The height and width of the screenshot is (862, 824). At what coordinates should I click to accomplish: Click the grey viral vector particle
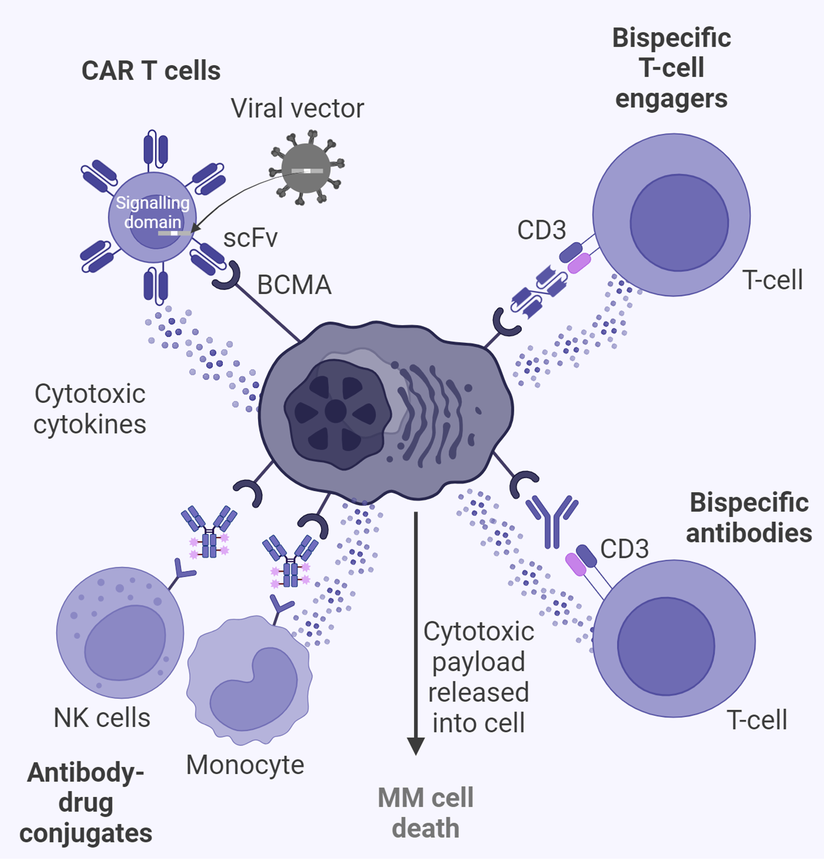(x=306, y=168)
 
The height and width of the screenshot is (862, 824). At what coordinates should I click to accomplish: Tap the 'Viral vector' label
(x=298, y=108)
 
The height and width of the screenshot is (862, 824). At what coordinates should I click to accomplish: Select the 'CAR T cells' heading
(x=151, y=71)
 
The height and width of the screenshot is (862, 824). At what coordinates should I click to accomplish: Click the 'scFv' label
(x=251, y=238)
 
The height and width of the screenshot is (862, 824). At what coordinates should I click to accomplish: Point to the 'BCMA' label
(x=294, y=285)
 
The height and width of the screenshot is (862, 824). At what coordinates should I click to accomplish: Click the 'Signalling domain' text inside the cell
(x=152, y=212)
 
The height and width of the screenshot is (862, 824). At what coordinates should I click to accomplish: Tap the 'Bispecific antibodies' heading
(x=748, y=517)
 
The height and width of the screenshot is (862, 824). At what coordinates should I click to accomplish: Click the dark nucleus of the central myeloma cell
(x=336, y=412)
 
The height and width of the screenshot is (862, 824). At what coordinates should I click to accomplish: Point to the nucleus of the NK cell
(x=125, y=643)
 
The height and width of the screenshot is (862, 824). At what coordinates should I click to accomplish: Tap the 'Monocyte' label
(x=245, y=765)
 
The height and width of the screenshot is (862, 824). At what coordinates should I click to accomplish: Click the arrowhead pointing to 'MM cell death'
(x=416, y=745)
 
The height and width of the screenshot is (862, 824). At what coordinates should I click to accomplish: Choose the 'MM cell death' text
(x=425, y=813)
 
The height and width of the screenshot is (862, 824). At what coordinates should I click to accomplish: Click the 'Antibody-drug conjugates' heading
(x=86, y=803)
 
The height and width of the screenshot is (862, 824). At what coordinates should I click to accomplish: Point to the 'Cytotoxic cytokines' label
(x=90, y=409)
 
